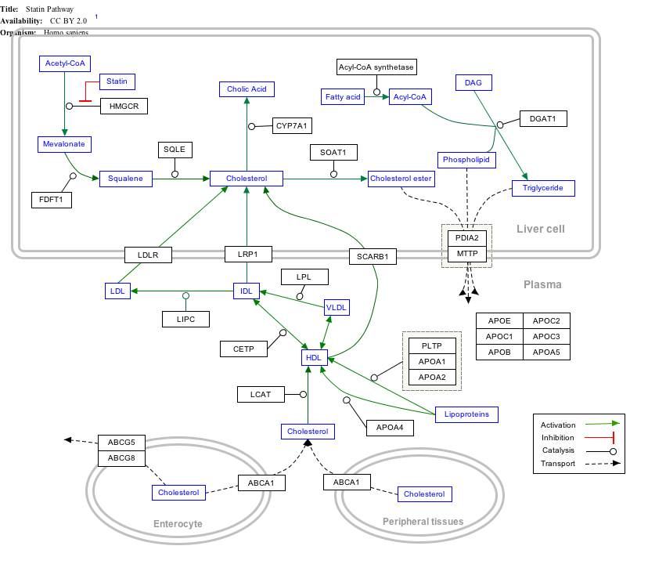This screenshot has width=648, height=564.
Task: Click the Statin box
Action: [x=117, y=81]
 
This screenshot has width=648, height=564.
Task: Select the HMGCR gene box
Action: [x=124, y=106]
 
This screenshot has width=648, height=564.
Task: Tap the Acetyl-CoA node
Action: [x=65, y=63]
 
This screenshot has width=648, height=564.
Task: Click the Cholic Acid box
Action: [x=247, y=89]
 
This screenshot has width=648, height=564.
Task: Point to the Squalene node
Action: [x=125, y=179]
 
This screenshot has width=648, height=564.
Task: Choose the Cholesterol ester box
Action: [x=401, y=179]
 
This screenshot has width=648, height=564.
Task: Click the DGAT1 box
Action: [x=542, y=119]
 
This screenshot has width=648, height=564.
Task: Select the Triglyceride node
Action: [x=543, y=188]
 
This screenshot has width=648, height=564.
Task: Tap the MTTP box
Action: [x=467, y=255]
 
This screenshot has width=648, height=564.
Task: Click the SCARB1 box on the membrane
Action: [x=373, y=255]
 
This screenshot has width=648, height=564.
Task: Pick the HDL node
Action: [x=314, y=357]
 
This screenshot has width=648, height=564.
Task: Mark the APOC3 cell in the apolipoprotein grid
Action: [x=546, y=336]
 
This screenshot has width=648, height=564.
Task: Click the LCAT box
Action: [x=261, y=394]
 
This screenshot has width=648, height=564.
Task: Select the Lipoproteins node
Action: [x=466, y=414]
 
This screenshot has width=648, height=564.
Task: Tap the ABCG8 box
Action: [x=121, y=458]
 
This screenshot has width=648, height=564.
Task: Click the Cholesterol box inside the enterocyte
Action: [x=178, y=493]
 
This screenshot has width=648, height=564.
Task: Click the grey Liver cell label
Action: [x=540, y=229]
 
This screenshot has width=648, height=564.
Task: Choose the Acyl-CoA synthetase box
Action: [x=376, y=67]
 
